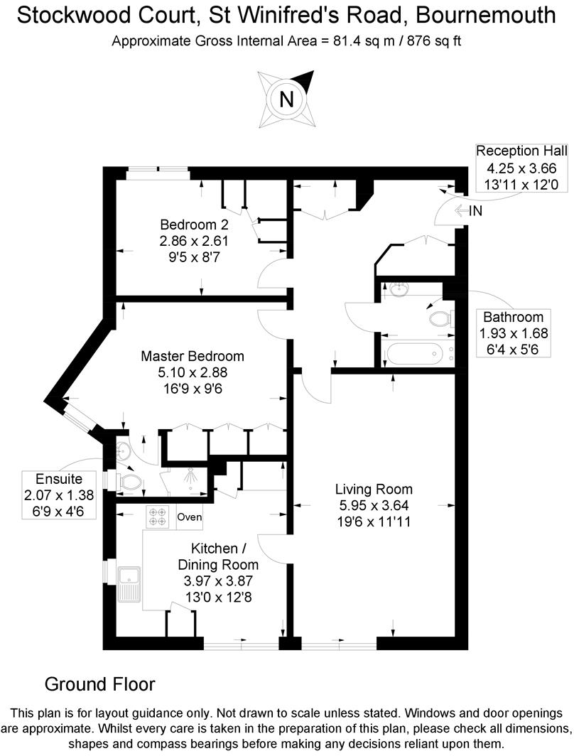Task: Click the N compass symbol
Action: tap(286, 99)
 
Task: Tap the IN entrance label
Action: tap(476, 210)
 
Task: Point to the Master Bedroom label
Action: tap(193, 357)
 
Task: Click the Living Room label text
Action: tap(374, 490)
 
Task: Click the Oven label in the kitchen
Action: tap(190, 517)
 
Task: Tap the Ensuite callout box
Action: tap(60, 495)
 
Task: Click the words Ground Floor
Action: tap(99, 684)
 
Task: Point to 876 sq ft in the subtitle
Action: tap(433, 40)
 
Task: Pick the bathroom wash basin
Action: tap(399, 289)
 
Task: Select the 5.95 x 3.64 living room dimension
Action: tap(374, 505)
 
